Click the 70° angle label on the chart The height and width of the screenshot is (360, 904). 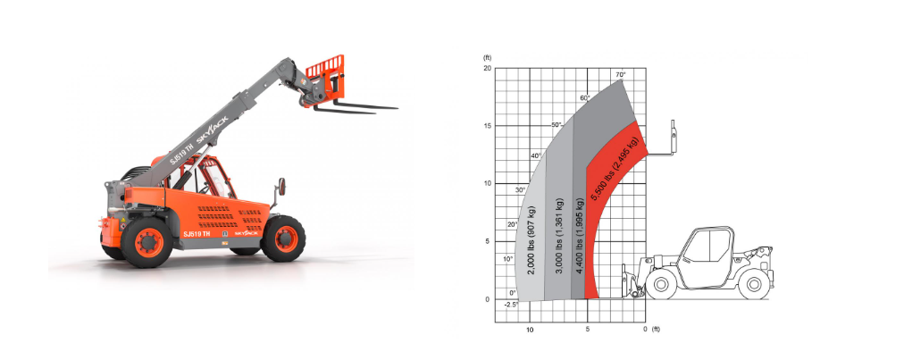(x=620, y=74)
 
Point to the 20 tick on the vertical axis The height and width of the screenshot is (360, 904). (x=487, y=68)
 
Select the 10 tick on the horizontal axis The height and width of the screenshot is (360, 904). (x=530, y=330)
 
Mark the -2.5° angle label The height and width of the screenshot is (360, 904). (x=511, y=304)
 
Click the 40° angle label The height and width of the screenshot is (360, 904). (x=536, y=155)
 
